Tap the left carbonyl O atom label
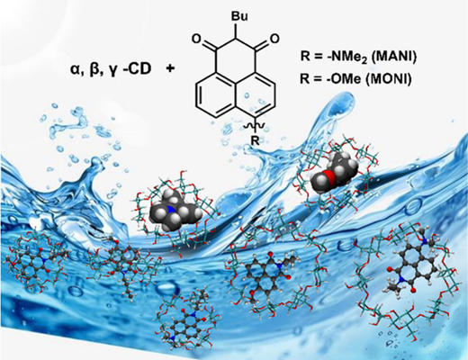[195, 40]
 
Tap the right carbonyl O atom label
[274, 39]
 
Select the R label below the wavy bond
[255, 140]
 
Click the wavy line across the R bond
[254, 127]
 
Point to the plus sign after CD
[170, 69]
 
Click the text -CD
[136, 69]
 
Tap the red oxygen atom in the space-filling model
[329, 175]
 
